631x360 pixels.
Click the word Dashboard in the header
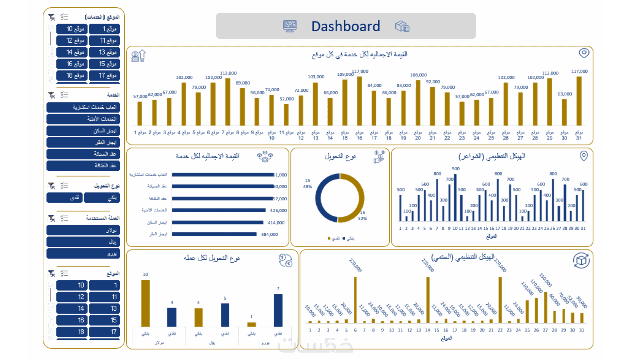[346, 26]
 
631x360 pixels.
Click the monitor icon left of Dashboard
[290, 26]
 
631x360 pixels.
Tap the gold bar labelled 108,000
[418, 103]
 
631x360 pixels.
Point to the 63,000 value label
[565, 94]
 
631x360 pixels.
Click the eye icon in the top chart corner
[584, 53]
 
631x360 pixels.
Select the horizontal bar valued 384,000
[214, 234]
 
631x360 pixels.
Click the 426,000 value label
[278, 210]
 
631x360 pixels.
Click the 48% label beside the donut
[307, 187]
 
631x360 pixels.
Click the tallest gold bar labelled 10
[146, 303]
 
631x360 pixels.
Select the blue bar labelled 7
[278, 310]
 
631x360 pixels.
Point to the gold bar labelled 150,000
[546, 307]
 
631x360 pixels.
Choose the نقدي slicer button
[65, 198]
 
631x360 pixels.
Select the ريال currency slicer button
[83, 242]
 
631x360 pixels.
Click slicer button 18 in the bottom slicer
[72, 332]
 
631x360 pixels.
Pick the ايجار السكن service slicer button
[83, 131]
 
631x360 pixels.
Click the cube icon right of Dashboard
[402, 26]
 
